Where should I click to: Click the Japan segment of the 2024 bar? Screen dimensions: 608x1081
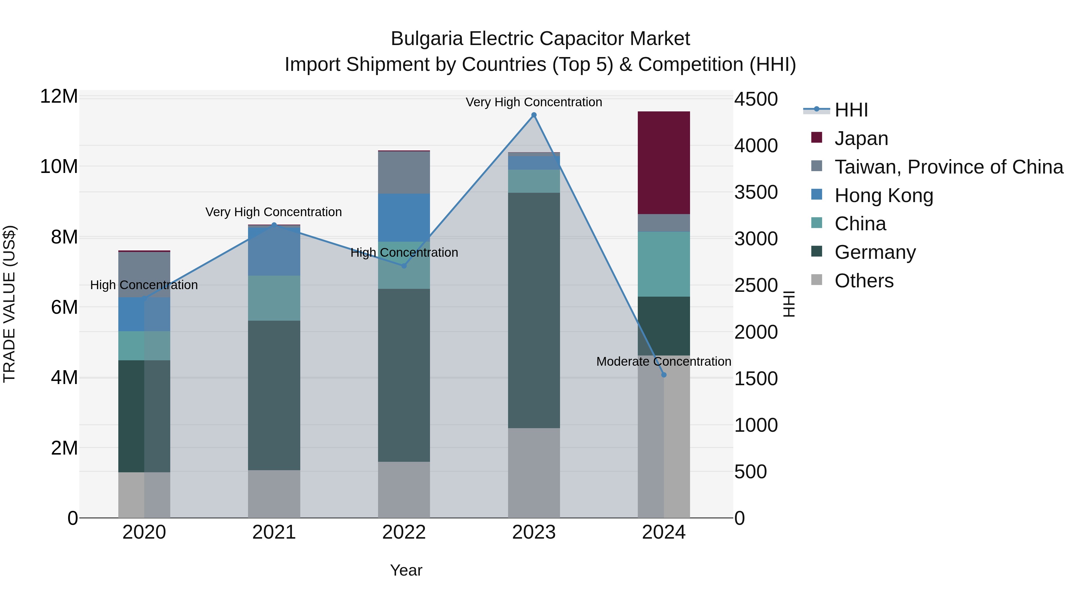click(663, 163)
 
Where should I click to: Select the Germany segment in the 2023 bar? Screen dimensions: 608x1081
click(534, 310)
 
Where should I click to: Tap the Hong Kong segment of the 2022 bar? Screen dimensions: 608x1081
click(404, 217)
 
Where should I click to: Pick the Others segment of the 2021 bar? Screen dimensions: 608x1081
click(274, 494)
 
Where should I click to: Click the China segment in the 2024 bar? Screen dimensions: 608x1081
click(663, 264)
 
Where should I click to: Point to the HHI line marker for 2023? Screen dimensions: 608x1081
click(534, 115)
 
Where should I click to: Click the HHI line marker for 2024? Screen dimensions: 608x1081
click(663, 375)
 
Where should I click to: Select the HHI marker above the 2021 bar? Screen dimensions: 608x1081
click(274, 225)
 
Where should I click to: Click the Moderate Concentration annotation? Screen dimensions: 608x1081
click(663, 361)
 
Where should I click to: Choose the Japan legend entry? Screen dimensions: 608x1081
click(861, 138)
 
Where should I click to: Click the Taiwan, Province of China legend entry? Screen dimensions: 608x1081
click(948, 167)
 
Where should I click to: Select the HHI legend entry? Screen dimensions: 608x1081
click(851, 110)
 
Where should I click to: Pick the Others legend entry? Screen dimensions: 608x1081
click(864, 281)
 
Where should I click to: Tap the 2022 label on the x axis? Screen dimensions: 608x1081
click(404, 532)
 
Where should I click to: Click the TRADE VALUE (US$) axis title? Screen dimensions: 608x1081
click(9, 304)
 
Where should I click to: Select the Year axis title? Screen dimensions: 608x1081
click(406, 570)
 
